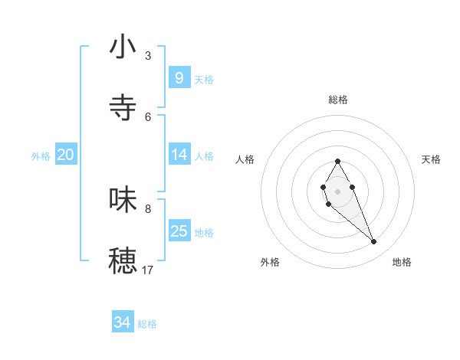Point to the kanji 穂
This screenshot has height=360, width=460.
point(123,260)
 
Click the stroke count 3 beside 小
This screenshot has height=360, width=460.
point(148,56)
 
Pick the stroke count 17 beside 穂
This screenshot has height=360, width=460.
point(148,270)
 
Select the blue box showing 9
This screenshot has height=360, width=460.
point(179,77)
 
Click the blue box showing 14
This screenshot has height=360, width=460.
point(179,155)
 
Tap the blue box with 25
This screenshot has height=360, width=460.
point(179,231)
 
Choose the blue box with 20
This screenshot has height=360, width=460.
point(65,155)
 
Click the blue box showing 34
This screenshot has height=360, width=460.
point(122,322)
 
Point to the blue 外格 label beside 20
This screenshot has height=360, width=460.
point(41,156)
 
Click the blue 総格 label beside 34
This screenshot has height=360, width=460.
point(147,324)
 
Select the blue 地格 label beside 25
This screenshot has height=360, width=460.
point(204,233)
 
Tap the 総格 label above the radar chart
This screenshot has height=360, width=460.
point(338,100)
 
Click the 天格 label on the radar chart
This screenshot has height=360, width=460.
point(431,159)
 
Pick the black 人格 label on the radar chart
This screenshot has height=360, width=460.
point(245,159)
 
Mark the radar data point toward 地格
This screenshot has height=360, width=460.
point(374,242)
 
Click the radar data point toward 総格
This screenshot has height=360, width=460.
point(337,162)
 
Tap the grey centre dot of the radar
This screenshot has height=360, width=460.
point(337,191)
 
